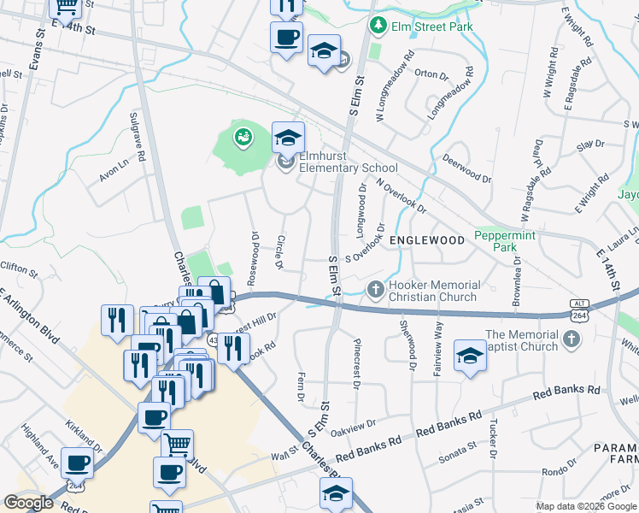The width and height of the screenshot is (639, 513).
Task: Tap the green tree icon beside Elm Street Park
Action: [378, 27]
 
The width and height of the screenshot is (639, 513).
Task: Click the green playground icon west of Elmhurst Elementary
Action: [243, 137]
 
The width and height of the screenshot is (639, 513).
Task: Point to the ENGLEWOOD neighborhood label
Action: [427, 240]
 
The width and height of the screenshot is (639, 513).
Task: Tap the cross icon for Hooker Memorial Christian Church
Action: [374, 290]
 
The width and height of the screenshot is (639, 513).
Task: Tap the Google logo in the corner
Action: [29, 503]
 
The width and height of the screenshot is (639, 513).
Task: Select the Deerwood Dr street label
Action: [468, 168]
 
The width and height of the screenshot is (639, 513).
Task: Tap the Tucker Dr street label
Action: [493, 436]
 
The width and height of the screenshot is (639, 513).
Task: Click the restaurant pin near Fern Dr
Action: [231, 347]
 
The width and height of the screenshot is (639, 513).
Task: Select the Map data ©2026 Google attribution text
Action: [585, 506]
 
